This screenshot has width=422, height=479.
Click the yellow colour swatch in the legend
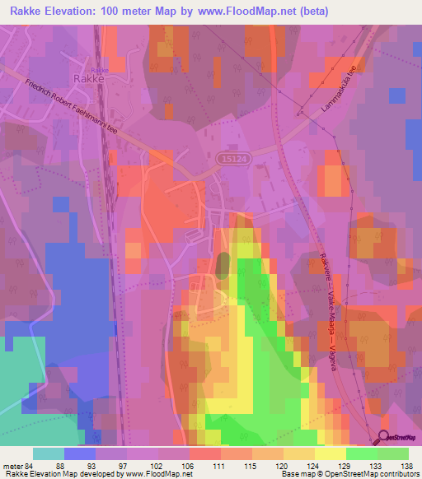point(330,453)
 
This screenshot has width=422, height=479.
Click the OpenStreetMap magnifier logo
point(385,438)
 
